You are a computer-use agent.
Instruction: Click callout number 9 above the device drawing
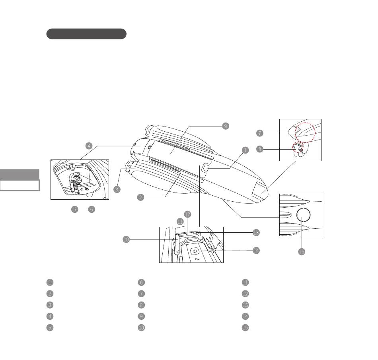pyautogui.click(x=225, y=126)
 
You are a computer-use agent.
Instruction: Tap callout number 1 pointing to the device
pyautogui.click(x=245, y=150)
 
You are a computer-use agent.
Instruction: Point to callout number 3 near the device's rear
pyautogui.click(x=117, y=189)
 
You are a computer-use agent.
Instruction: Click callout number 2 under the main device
pyautogui.click(x=140, y=197)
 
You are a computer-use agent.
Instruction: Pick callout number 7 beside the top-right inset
pyautogui.click(x=259, y=133)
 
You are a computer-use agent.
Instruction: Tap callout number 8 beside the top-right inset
pyautogui.click(x=259, y=150)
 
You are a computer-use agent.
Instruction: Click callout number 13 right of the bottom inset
pyautogui.click(x=256, y=232)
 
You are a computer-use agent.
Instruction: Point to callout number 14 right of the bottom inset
pyautogui.click(x=256, y=251)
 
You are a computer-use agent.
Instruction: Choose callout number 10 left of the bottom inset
pyautogui.click(x=126, y=239)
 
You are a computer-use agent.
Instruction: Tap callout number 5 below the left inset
pyautogui.click(x=75, y=210)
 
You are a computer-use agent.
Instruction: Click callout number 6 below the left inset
pyautogui.click(x=92, y=210)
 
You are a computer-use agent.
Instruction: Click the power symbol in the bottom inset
pyautogui.click(x=194, y=251)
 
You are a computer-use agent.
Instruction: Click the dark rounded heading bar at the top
pyautogui.click(x=86, y=34)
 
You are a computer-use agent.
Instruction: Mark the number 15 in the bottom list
pyautogui.click(x=245, y=328)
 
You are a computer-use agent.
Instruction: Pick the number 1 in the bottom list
pyautogui.click(x=49, y=282)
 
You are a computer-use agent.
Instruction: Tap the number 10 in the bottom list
pyautogui.click(x=141, y=328)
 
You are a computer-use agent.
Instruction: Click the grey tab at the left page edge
pyautogui.click(x=19, y=175)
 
